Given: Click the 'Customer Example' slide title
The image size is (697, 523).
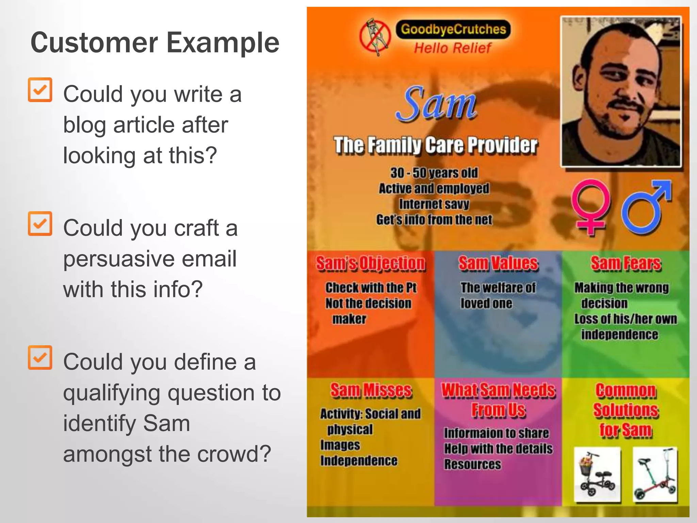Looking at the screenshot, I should [x=155, y=43].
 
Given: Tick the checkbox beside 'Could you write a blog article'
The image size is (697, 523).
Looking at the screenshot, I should [x=40, y=90].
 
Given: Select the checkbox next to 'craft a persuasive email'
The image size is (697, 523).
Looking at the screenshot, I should [x=40, y=224].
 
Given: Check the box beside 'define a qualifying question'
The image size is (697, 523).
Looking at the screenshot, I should [x=40, y=358].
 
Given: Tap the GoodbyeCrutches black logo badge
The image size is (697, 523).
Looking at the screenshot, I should [x=453, y=29].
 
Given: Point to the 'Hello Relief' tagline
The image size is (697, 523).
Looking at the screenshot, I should [x=452, y=48].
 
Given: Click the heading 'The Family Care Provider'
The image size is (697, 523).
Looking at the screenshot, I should [x=436, y=145].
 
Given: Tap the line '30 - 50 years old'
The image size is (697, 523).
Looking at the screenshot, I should [x=434, y=173].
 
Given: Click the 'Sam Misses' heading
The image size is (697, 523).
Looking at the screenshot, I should [x=371, y=391].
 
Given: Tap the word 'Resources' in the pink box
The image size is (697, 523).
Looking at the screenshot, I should [x=472, y=464].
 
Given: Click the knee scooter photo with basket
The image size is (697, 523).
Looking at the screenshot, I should [x=597, y=474].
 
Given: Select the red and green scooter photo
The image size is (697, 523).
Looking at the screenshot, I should [x=654, y=474].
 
